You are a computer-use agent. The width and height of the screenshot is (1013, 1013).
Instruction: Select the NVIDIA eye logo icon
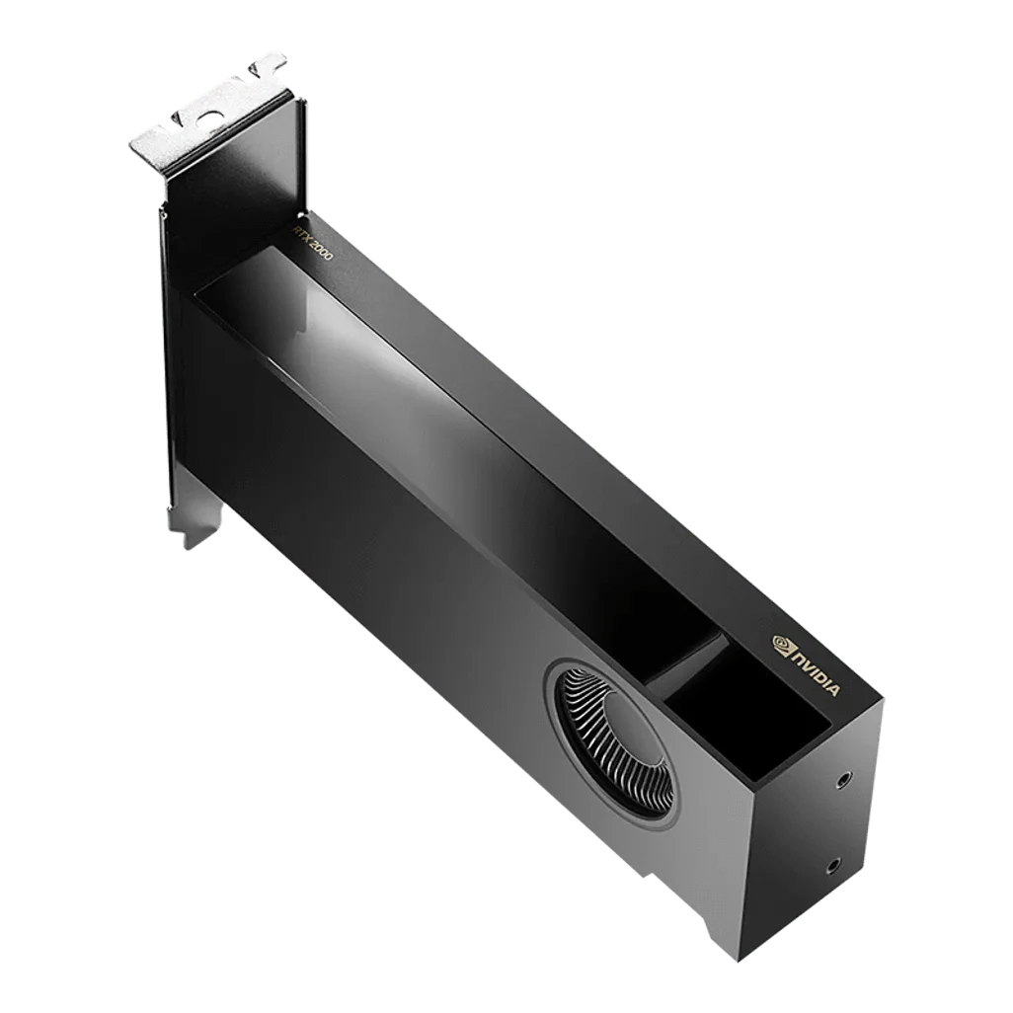782,642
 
